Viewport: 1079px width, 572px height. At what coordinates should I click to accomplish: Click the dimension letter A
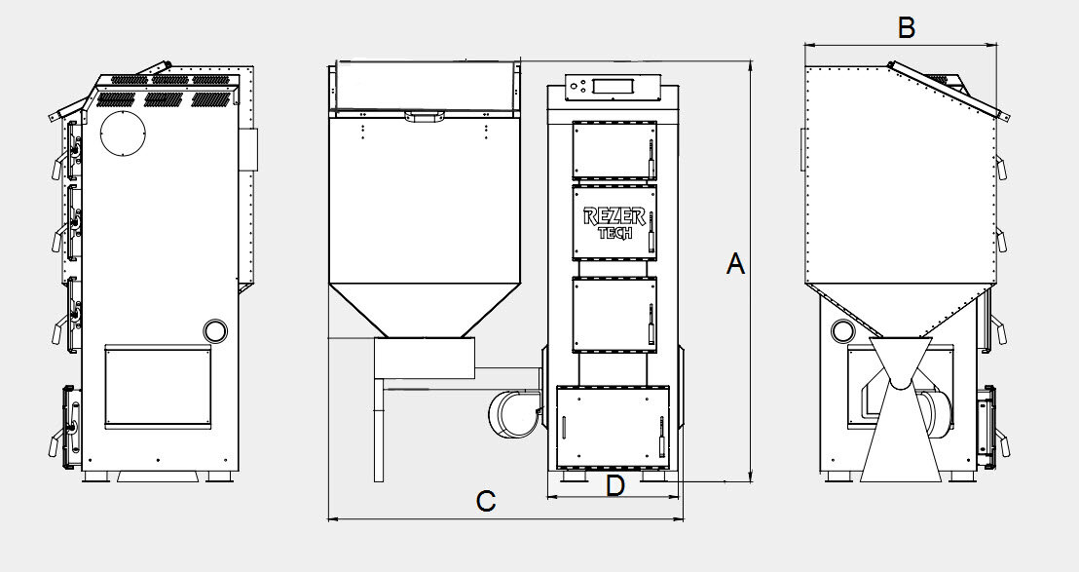(x=735, y=264)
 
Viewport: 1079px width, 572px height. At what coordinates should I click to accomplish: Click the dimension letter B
(x=907, y=28)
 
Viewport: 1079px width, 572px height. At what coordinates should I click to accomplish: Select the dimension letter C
(x=486, y=501)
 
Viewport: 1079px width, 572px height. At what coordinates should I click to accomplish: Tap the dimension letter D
(x=615, y=486)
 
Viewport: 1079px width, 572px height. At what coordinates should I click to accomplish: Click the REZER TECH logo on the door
(x=614, y=223)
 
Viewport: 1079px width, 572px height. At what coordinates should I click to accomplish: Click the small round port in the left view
(x=214, y=329)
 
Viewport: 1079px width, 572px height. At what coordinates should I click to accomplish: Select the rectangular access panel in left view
(x=159, y=387)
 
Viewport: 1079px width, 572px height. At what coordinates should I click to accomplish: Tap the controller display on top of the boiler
(x=613, y=86)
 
